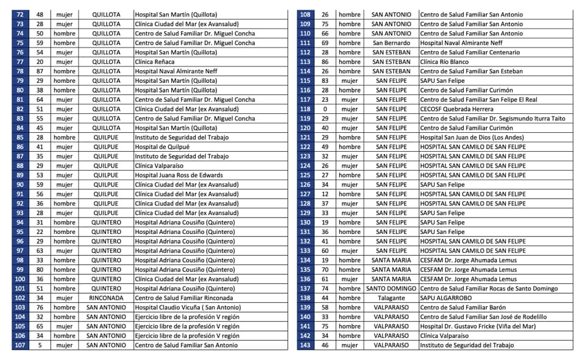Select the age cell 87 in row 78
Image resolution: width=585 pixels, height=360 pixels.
[x=40, y=71]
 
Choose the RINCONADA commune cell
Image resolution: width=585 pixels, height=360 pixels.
[x=106, y=298]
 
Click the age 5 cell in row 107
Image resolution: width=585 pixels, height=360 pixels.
[x=40, y=345]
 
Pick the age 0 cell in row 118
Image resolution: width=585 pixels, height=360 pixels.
[x=325, y=109]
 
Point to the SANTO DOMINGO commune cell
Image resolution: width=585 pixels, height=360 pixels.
[x=391, y=289]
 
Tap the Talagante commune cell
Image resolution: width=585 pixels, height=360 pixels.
[x=391, y=298]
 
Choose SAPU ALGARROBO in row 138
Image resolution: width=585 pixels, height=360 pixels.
[x=445, y=298]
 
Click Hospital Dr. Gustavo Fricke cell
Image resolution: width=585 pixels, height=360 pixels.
[x=478, y=326]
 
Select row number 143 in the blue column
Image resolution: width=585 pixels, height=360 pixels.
[x=305, y=345]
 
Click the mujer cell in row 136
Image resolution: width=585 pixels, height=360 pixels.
[x=350, y=279]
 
